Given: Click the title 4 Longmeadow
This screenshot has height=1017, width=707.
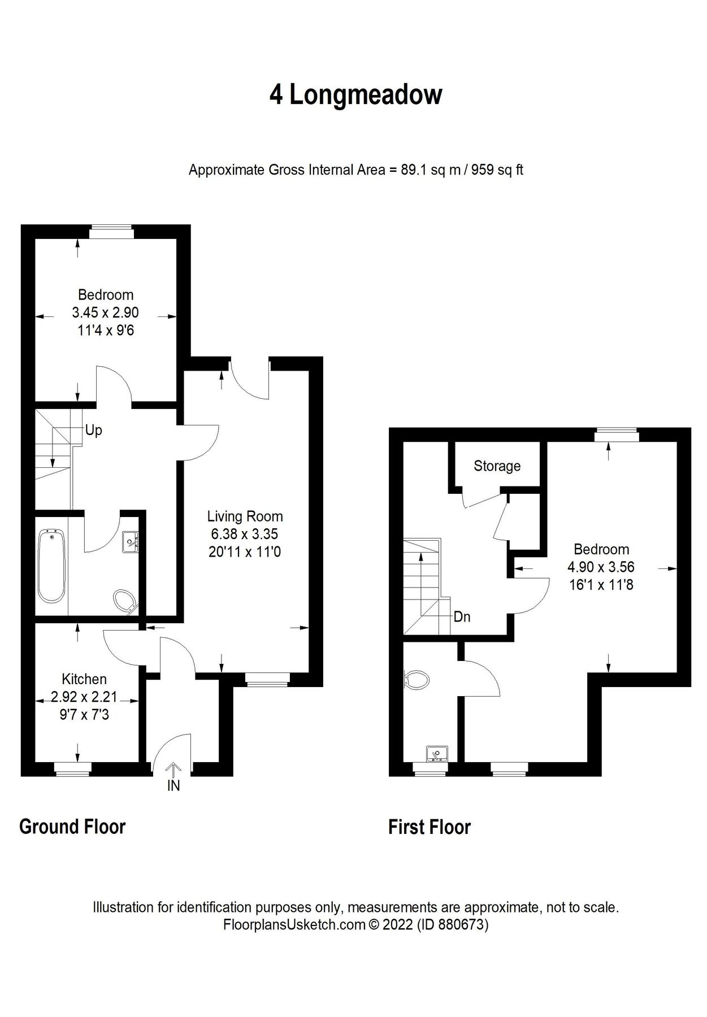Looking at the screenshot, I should [355, 94].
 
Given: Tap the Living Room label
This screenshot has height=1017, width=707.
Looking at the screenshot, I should [245, 516].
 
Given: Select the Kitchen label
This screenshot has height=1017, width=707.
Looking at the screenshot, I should [84, 679].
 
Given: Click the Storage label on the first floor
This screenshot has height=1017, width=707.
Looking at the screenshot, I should [497, 466].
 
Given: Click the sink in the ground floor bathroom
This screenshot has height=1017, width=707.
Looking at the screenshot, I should [131, 541].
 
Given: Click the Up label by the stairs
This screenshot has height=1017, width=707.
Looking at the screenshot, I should [94, 430].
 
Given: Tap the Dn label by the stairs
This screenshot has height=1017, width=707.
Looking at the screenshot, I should [462, 617].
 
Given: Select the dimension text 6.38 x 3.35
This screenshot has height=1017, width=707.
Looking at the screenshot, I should [245, 533].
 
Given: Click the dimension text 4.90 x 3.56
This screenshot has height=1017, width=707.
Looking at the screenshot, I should [601, 567].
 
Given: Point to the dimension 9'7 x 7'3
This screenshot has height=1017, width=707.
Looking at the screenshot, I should [85, 715].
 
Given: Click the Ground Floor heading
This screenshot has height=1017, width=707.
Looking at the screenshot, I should [72, 827].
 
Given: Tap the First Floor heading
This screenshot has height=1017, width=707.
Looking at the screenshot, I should [430, 827].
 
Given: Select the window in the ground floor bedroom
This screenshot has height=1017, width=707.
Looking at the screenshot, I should [111, 229].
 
